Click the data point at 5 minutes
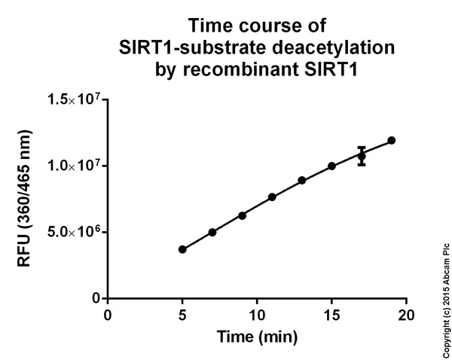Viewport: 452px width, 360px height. pyautogui.click(x=182, y=249)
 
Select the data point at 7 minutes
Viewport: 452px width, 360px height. pyautogui.click(x=212, y=232)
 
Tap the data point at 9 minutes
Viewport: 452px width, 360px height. pyautogui.click(x=242, y=215)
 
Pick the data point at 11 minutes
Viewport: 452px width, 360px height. pyautogui.click(x=272, y=197)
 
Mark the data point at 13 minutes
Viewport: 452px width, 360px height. pyautogui.click(x=302, y=180)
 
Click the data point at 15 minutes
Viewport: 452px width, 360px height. pyautogui.click(x=331, y=166)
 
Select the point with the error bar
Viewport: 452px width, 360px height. pyautogui.click(x=362, y=156)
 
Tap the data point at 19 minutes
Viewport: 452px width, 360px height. pyautogui.click(x=392, y=140)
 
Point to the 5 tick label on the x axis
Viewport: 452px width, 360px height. pyautogui.click(x=182, y=313)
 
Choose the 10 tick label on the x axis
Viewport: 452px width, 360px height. pyautogui.click(x=257, y=313)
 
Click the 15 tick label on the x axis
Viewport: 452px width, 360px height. pyautogui.click(x=331, y=313)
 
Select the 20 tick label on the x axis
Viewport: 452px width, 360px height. pyautogui.click(x=406, y=313)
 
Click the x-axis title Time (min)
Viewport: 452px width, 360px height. pyautogui.click(x=257, y=335)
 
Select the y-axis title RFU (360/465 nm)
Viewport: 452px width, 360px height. pyautogui.click(x=28, y=198)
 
